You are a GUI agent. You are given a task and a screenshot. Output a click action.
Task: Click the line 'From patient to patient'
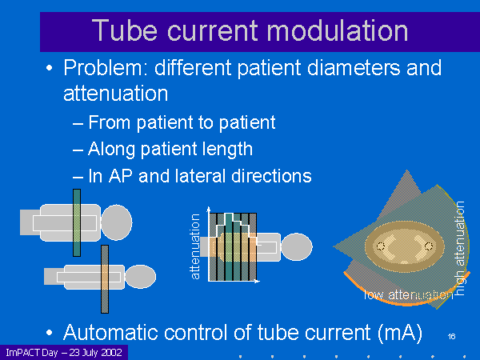point(182,122)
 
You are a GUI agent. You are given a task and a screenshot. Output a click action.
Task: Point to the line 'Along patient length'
point(170,149)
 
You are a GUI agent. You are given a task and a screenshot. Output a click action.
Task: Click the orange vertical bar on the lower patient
point(105,278)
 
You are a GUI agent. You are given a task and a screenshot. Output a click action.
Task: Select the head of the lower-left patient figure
point(142,277)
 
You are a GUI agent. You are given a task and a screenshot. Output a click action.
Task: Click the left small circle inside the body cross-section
point(381,245)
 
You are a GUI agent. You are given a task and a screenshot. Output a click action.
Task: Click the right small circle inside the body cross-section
point(429,245)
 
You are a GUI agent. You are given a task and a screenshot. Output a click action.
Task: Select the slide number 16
point(451,335)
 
